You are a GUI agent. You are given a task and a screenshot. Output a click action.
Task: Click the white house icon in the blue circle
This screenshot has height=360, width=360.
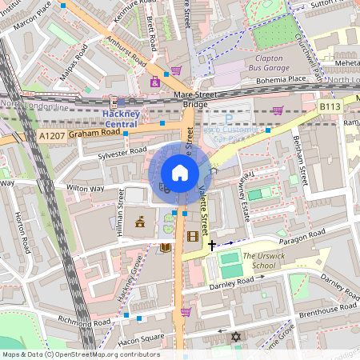(180, 173)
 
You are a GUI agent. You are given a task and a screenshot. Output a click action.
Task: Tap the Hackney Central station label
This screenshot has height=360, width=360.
(122, 118)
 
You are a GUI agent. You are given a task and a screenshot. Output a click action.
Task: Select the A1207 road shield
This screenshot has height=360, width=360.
(50, 138)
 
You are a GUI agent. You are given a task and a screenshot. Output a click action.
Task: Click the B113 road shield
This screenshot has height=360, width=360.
(330, 106)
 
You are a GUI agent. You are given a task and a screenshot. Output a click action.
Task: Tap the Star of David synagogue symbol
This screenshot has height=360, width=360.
(235, 337)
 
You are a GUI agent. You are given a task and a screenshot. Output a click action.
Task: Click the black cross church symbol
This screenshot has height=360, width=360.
(211, 245)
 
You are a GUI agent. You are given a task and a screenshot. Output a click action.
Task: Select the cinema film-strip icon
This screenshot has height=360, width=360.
(192, 235)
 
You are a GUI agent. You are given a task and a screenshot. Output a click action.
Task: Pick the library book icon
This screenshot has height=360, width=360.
(166, 248)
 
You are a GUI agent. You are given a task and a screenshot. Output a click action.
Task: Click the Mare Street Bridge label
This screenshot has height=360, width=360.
(194, 99)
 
